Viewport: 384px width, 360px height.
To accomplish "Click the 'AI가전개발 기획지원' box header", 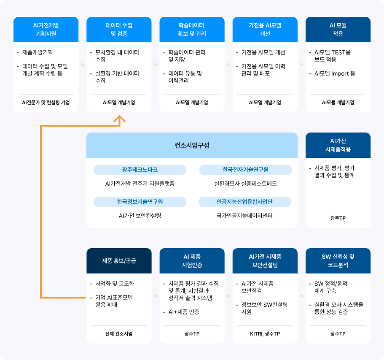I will pyautogui.click(x=46, y=30).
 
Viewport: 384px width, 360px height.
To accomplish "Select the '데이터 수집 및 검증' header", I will pyautogui.click(x=119, y=30).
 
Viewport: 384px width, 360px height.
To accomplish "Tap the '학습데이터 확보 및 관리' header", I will pyautogui.click(x=192, y=30).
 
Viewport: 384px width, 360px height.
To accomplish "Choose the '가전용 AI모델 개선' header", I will pyautogui.click(x=265, y=30).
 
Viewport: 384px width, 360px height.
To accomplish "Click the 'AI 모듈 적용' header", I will pyautogui.click(x=338, y=30).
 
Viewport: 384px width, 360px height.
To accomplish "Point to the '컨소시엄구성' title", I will pyautogui.click(x=192, y=145).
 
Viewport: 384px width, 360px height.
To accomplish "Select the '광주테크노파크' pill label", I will pyautogui.click(x=140, y=170).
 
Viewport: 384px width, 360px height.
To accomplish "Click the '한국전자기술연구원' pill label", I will pyautogui.click(x=245, y=170).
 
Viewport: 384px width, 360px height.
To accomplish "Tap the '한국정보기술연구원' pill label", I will pyautogui.click(x=140, y=202).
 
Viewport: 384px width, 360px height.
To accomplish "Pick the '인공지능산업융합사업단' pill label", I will pyautogui.click(x=245, y=202).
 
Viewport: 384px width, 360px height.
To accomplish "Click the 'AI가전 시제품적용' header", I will pyautogui.click(x=338, y=145).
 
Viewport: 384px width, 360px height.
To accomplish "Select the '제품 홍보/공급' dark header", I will pyautogui.click(x=119, y=260).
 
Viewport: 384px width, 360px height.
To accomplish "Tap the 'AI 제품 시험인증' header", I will pyautogui.click(x=192, y=260).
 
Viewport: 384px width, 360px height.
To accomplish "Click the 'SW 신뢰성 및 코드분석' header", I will pyautogui.click(x=338, y=260).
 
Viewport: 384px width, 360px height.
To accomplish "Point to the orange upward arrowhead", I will pyautogui.click(x=120, y=120).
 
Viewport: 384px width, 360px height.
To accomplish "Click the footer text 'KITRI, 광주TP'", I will pyautogui.click(x=265, y=334).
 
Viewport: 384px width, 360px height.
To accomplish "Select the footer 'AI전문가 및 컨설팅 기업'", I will pyautogui.click(x=46, y=103).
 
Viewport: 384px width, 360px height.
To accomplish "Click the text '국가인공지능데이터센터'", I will pyautogui.click(x=245, y=216).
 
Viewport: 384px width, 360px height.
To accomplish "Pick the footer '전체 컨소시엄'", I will pyautogui.click(x=119, y=334).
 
